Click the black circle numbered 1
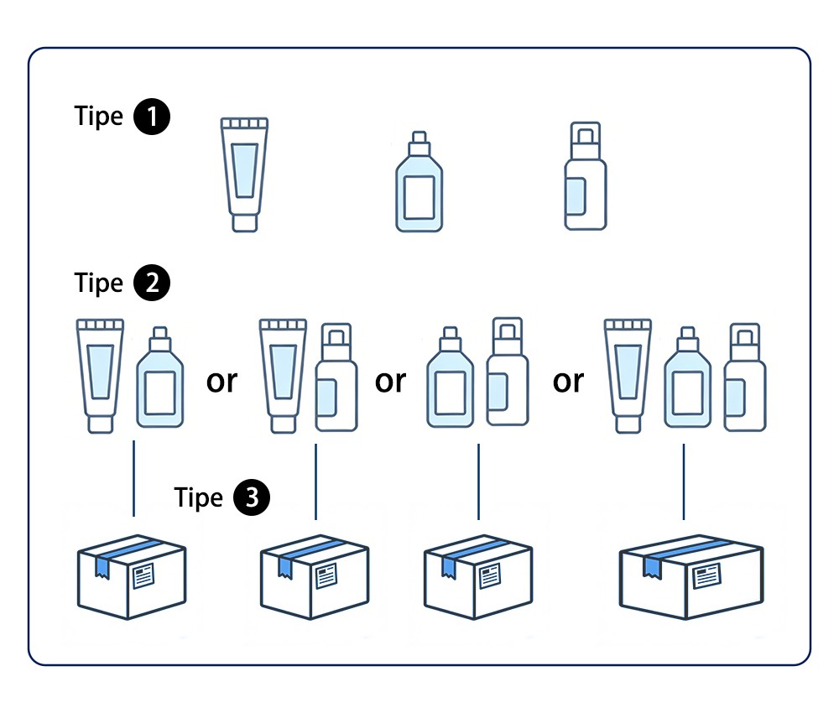pyautogui.click(x=153, y=116)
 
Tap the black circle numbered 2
pyautogui.click(x=153, y=283)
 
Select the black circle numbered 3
pyautogui.click(x=253, y=497)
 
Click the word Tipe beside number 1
pyautogui.click(x=99, y=116)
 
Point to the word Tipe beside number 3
pyautogui.click(x=199, y=497)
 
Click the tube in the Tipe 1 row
pyautogui.click(x=244, y=173)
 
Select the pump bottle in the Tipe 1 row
pyautogui.click(x=585, y=176)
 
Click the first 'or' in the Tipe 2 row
pyautogui.click(x=221, y=381)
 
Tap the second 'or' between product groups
pyautogui.click(x=390, y=381)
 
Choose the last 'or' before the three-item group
pyautogui.click(x=568, y=381)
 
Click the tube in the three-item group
pyautogui.click(x=628, y=374)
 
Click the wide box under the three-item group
pyautogui.click(x=691, y=580)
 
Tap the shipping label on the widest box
pyautogui.click(x=706, y=576)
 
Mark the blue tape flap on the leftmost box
pyautogui.click(x=102, y=566)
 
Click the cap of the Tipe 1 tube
pyautogui.click(x=244, y=221)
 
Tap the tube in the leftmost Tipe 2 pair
pyautogui.click(x=101, y=374)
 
